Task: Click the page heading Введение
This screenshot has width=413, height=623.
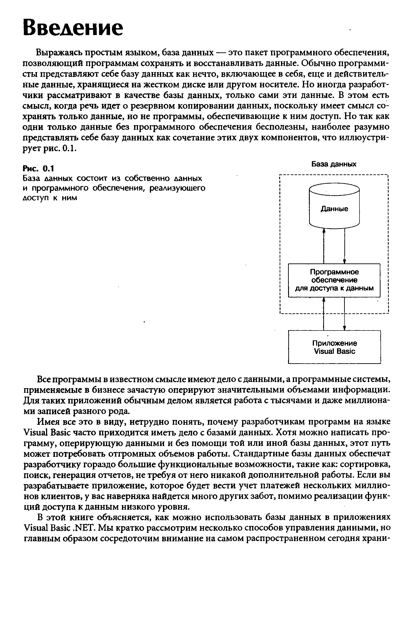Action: coord(73,28)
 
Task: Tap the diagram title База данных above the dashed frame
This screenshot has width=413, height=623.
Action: coord(334,164)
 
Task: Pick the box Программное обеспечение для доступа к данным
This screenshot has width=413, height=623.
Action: coord(334,280)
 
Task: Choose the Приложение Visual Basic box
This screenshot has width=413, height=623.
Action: coord(335,347)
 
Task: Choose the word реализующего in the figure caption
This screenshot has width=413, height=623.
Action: coord(177,188)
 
